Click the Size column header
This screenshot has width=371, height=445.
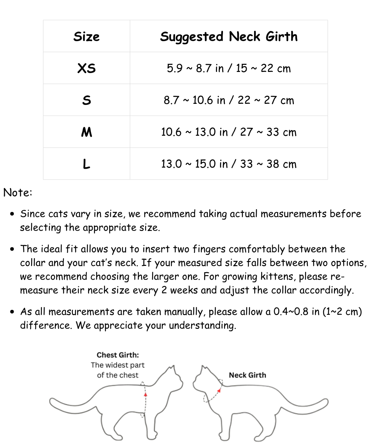pyautogui.click(x=86, y=36)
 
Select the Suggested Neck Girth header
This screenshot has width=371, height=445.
pyautogui.click(x=229, y=36)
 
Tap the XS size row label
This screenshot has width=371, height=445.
pyautogui.click(x=86, y=68)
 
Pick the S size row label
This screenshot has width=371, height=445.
pyautogui.click(x=86, y=100)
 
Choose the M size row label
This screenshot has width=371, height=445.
pyautogui.click(x=86, y=132)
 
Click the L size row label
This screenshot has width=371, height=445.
pyautogui.click(x=86, y=164)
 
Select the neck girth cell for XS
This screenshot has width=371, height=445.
pyautogui.click(x=229, y=68)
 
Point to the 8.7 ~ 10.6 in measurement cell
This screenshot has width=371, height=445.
pyautogui.click(x=229, y=100)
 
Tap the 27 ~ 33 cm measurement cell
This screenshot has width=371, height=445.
pyautogui.click(x=229, y=132)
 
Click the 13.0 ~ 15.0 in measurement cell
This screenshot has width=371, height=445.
pyautogui.click(x=229, y=164)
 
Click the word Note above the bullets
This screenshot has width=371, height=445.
pyautogui.click(x=18, y=192)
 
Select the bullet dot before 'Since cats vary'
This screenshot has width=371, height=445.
pyautogui.click(x=13, y=214)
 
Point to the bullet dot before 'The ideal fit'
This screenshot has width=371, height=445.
pyautogui.click(x=13, y=249)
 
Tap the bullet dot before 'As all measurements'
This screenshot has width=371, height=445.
pyautogui.click(x=13, y=312)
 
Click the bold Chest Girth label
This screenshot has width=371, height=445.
pyautogui.click(x=118, y=355)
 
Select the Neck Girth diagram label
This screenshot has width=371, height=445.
pyautogui.click(x=247, y=375)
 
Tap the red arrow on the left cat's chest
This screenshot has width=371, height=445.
pyautogui.click(x=145, y=395)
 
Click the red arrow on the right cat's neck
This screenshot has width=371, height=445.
pyautogui.click(x=219, y=390)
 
